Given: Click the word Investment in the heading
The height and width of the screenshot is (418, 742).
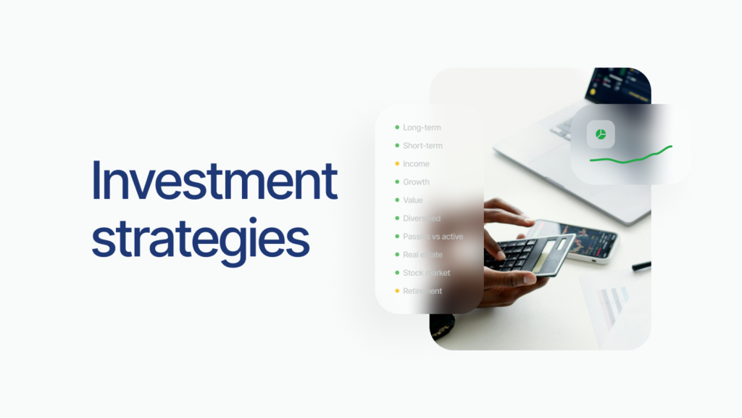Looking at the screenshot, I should (214, 181).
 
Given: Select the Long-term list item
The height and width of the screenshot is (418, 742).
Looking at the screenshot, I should (422, 128).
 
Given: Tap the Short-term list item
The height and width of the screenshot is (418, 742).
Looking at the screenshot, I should (422, 146).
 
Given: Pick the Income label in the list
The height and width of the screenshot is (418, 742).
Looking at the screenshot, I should (416, 164).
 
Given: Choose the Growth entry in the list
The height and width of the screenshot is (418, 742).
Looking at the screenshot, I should (416, 182).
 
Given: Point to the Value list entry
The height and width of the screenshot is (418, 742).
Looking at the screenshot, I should (413, 200).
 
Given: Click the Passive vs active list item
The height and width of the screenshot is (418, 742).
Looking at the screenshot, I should (433, 237).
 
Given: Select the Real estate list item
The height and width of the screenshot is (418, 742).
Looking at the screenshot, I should (422, 255).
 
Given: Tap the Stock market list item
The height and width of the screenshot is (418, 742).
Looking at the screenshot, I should (426, 273).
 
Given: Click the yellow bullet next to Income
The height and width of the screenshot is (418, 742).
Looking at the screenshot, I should (397, 164).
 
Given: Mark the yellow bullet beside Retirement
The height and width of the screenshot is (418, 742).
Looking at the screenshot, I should (397, 291).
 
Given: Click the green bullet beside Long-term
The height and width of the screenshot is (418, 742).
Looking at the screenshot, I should (397, 128).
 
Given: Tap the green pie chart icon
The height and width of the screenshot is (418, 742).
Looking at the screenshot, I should (601, 134).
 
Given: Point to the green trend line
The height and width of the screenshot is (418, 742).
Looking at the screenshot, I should (630, 155).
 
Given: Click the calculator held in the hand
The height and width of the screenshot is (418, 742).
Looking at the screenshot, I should (529, 253).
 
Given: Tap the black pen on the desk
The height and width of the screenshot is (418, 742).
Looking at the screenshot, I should (641, 266).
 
